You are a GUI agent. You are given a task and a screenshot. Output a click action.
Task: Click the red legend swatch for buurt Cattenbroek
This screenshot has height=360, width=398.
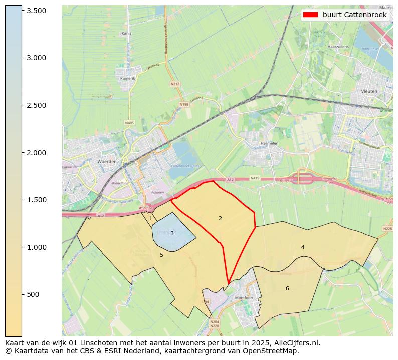click(311, 15)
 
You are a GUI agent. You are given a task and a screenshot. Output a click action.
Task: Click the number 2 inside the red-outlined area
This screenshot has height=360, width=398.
click(220, 218)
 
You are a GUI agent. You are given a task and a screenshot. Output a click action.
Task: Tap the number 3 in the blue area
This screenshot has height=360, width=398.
click(172, 233)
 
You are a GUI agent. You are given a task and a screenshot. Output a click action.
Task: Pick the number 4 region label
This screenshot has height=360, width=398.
click(303, 247)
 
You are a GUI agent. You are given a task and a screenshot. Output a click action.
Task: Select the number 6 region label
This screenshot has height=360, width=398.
click(287, 288)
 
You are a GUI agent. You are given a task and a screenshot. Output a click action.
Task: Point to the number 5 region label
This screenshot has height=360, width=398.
click(161, 255)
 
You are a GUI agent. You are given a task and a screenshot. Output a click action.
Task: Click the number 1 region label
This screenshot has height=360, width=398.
click(150, 218)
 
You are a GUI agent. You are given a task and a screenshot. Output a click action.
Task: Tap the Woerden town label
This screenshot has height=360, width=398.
click(106, 162)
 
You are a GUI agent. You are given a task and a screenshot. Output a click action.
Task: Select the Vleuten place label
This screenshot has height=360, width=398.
click(369, 92)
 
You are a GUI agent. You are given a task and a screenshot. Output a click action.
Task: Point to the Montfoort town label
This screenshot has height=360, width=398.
click(243, 298)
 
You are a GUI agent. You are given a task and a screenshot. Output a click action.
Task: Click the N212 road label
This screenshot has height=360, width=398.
click(175, 84)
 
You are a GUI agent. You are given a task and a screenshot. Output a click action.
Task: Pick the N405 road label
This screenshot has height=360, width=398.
click(130, 122)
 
